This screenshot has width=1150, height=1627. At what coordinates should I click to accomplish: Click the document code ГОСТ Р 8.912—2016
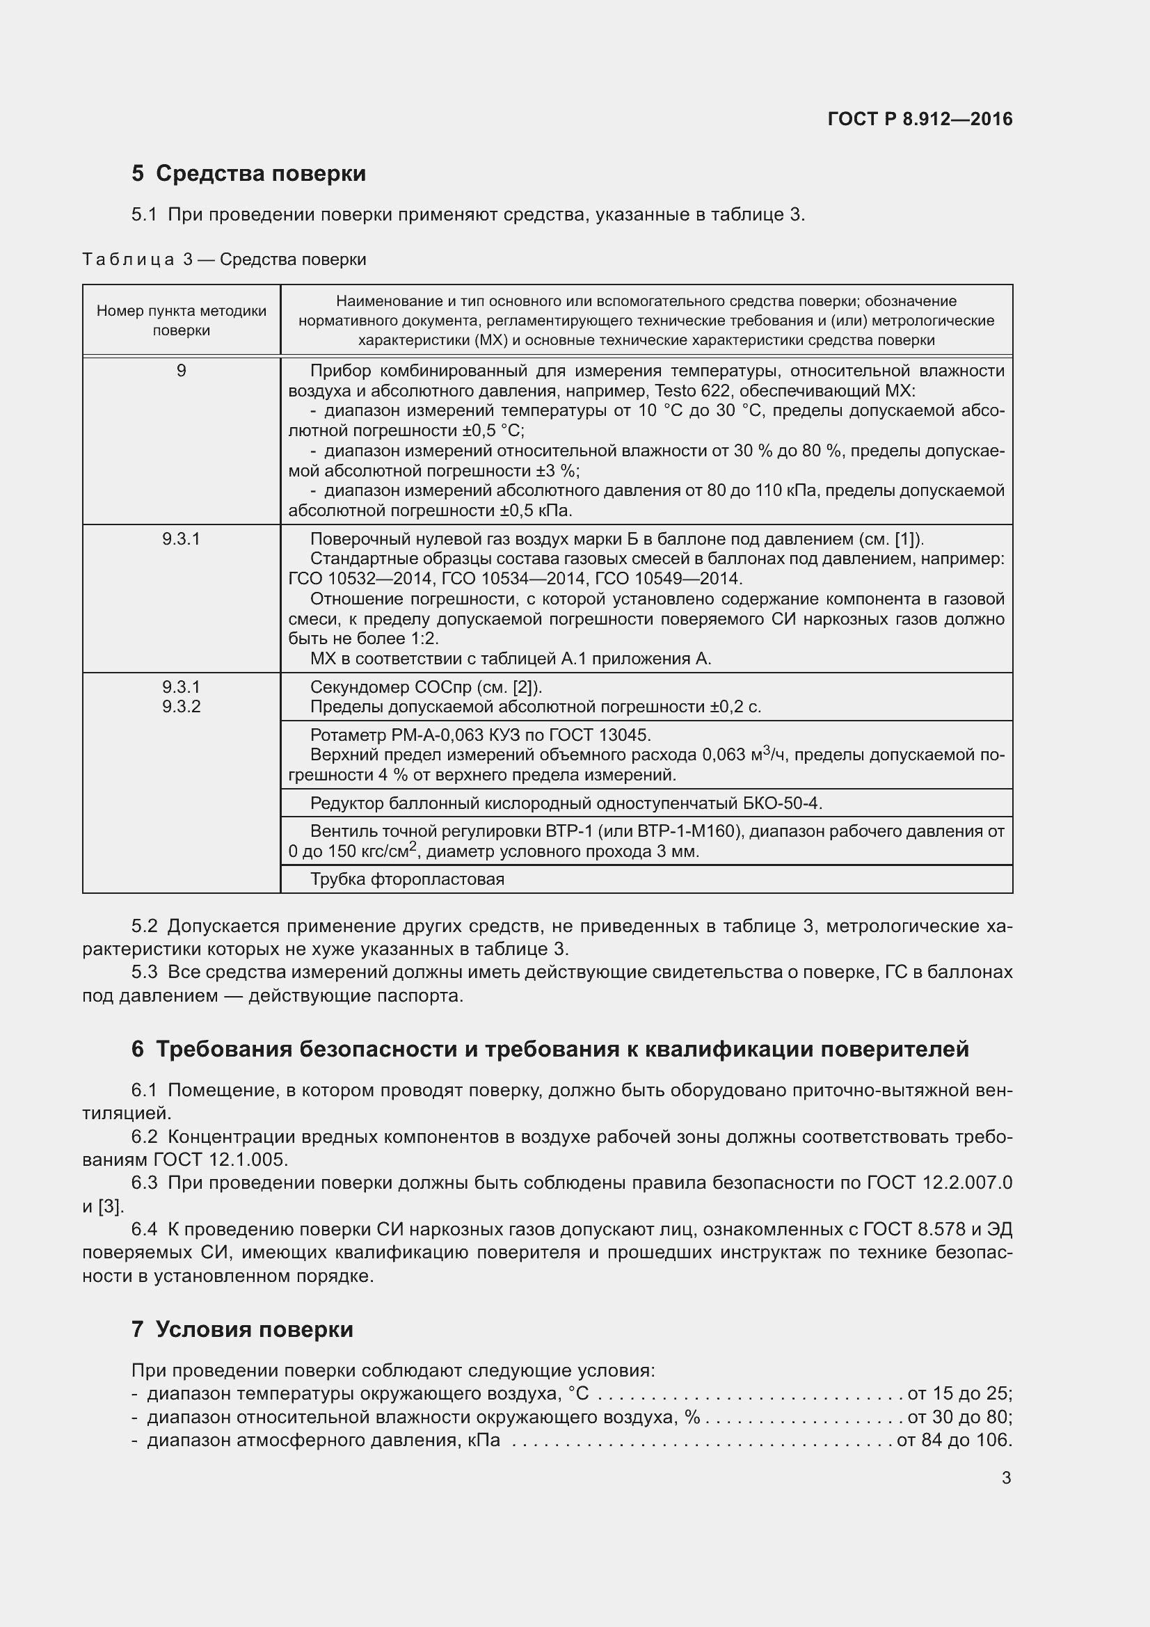click(920, 119)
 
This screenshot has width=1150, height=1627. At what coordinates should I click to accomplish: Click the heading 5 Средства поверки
click(248, 174)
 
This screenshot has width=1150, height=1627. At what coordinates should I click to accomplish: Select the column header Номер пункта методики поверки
click(182, 320)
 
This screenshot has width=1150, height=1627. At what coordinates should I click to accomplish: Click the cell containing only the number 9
click(182, 371)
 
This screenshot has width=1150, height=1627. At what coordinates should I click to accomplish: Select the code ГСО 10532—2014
click(360, 579)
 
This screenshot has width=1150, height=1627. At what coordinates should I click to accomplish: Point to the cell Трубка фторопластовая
click(408, 879)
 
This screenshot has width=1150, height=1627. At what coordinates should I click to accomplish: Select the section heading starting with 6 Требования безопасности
click(550, 1050)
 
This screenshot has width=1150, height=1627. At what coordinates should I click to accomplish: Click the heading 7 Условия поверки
click(241, 1329)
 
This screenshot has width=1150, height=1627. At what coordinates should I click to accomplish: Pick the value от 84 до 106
click(953, 1441)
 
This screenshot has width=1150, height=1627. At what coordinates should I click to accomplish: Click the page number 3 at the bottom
click(1006, 1478)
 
